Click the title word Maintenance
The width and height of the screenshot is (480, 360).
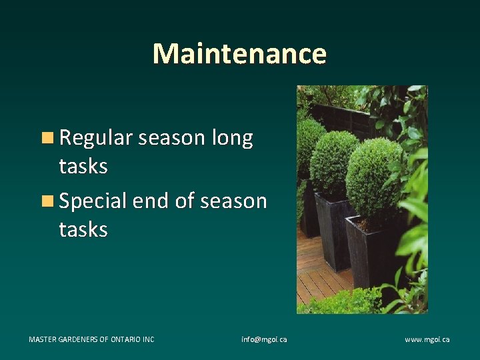(239, 53)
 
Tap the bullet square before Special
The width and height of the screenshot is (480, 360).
(47, 201)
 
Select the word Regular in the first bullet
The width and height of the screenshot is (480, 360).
(97, 138)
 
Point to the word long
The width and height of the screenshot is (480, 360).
(232, 138)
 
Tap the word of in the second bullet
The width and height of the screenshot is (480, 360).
(184, 201)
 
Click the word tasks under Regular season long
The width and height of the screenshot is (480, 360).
(83, 166)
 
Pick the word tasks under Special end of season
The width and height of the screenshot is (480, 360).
(83, 229)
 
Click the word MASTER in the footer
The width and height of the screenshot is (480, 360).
(43, 339)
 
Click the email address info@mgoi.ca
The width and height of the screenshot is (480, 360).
(264, 339)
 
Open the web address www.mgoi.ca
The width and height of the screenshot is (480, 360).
(427, 339)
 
